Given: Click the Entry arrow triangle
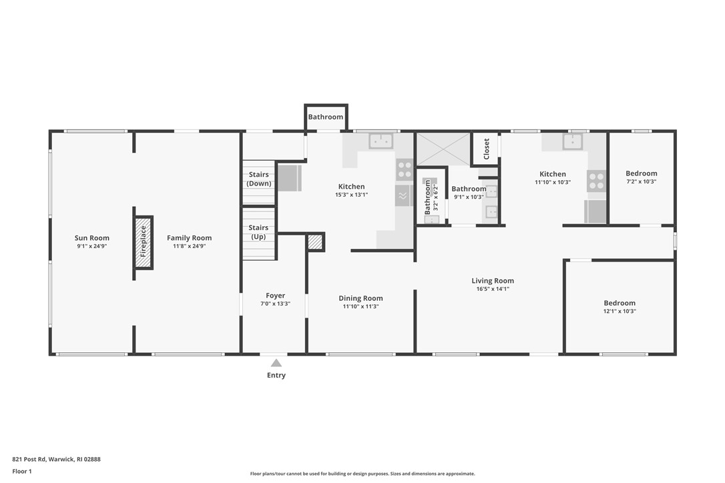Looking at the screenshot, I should [x=276, y=363].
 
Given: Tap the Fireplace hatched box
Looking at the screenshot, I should [x=144, y=242].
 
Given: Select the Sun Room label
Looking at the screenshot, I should [x=92, y=238].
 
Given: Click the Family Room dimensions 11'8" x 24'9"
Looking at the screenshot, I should [x=189, y=246].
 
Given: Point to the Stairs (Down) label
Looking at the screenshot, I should [x=259, y=179].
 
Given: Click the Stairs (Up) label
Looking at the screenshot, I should [x=258, y=232].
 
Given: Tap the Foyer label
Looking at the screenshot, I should [x=275, y=296].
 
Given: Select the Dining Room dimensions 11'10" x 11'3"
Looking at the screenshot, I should [x=360, y=307].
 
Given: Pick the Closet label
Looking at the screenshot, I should [x=486, y=149].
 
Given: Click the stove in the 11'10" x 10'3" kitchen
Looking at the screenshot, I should [x=595, y=180].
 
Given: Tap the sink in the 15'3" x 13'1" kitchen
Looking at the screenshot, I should [x=381, y=141].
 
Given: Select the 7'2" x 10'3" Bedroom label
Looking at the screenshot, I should [x=641, y=173].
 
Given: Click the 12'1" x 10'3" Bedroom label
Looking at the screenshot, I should [x=620, y=303].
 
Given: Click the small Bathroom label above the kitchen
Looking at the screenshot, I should [x=326, y=117].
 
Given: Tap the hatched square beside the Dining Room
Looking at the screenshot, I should [x=315, y=241].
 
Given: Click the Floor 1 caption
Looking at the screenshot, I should [x=21, y=471].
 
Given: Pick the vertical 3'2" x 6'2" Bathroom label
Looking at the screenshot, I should [x=428, y=197].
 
